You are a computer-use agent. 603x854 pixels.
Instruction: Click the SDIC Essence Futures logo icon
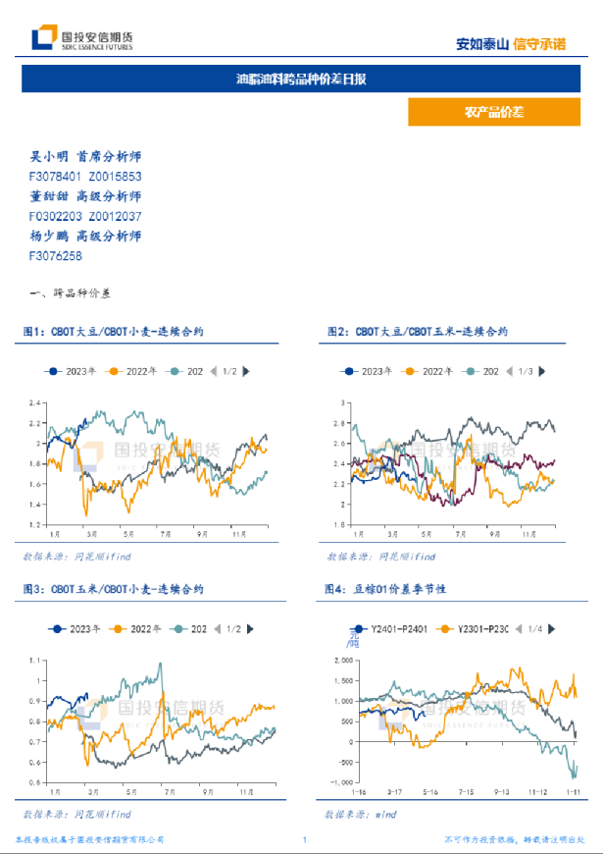click(43, 38)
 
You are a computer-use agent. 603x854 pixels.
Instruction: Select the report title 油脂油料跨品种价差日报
click(301, 79)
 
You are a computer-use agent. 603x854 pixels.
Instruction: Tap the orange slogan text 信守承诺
click(540, 44)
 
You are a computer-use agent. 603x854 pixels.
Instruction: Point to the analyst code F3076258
click(56, 255)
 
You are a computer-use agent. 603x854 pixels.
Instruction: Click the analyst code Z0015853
click(115, 176)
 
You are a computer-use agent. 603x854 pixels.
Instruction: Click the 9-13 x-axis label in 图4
click(502, 791)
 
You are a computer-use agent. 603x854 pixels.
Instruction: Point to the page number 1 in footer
click(305, 840)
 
